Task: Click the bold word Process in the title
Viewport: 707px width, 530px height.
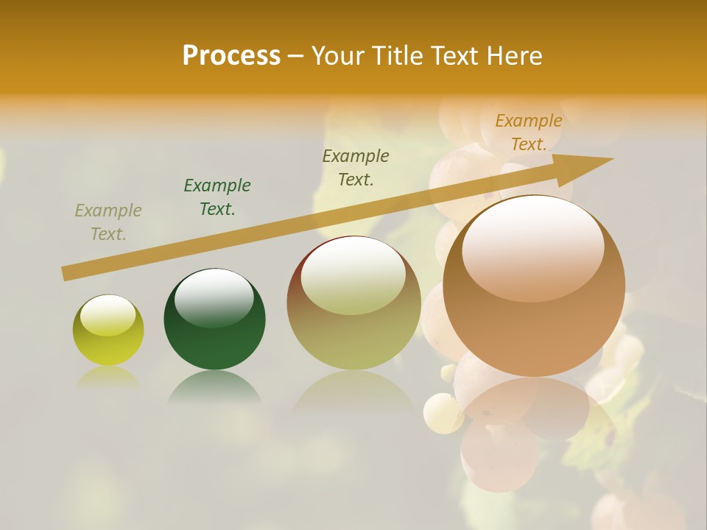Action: tap(231, 56)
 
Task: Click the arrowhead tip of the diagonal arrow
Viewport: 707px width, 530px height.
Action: tap(611, 159)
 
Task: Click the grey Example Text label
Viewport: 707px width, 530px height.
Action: tap(108, 222)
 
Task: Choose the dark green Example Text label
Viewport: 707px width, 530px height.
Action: tap(217, 197)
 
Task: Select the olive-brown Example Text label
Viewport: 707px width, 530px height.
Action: tap(356, 167)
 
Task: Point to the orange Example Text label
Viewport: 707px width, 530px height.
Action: tap(528, 132)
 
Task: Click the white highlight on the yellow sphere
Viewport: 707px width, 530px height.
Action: tap(108, 316)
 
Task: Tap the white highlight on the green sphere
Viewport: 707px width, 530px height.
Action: tap(214, 294)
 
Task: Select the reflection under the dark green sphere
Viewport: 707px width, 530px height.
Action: tap(214, 388)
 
